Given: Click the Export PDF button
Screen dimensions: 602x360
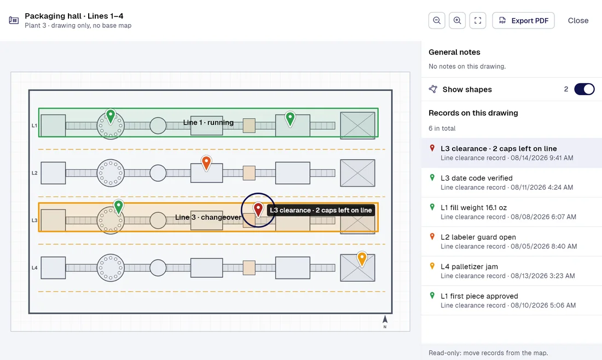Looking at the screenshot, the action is coord(523,21).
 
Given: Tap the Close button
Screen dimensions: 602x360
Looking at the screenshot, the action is coord(578,21).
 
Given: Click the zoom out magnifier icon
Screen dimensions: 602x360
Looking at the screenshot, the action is coord(437,21).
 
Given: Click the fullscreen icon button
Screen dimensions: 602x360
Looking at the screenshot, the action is coord(478,21).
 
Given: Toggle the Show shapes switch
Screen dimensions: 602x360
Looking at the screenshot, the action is coord(584,89).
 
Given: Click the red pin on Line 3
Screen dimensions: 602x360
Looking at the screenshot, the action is coord(258,210).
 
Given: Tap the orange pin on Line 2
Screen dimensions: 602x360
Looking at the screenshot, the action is coord(206,162).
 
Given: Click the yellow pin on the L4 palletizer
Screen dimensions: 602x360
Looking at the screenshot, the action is coord(362,258).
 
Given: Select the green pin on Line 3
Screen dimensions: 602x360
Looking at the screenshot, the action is coord(119,206).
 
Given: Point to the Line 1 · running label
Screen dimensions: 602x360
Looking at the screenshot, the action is coord(208,123).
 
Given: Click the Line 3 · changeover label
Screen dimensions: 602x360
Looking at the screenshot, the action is coord(208,217).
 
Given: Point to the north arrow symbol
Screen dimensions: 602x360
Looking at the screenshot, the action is coord(385,320).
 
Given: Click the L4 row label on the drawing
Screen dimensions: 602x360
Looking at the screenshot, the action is coord(34,268).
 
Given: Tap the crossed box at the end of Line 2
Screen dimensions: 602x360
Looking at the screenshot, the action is coord(357,173).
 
